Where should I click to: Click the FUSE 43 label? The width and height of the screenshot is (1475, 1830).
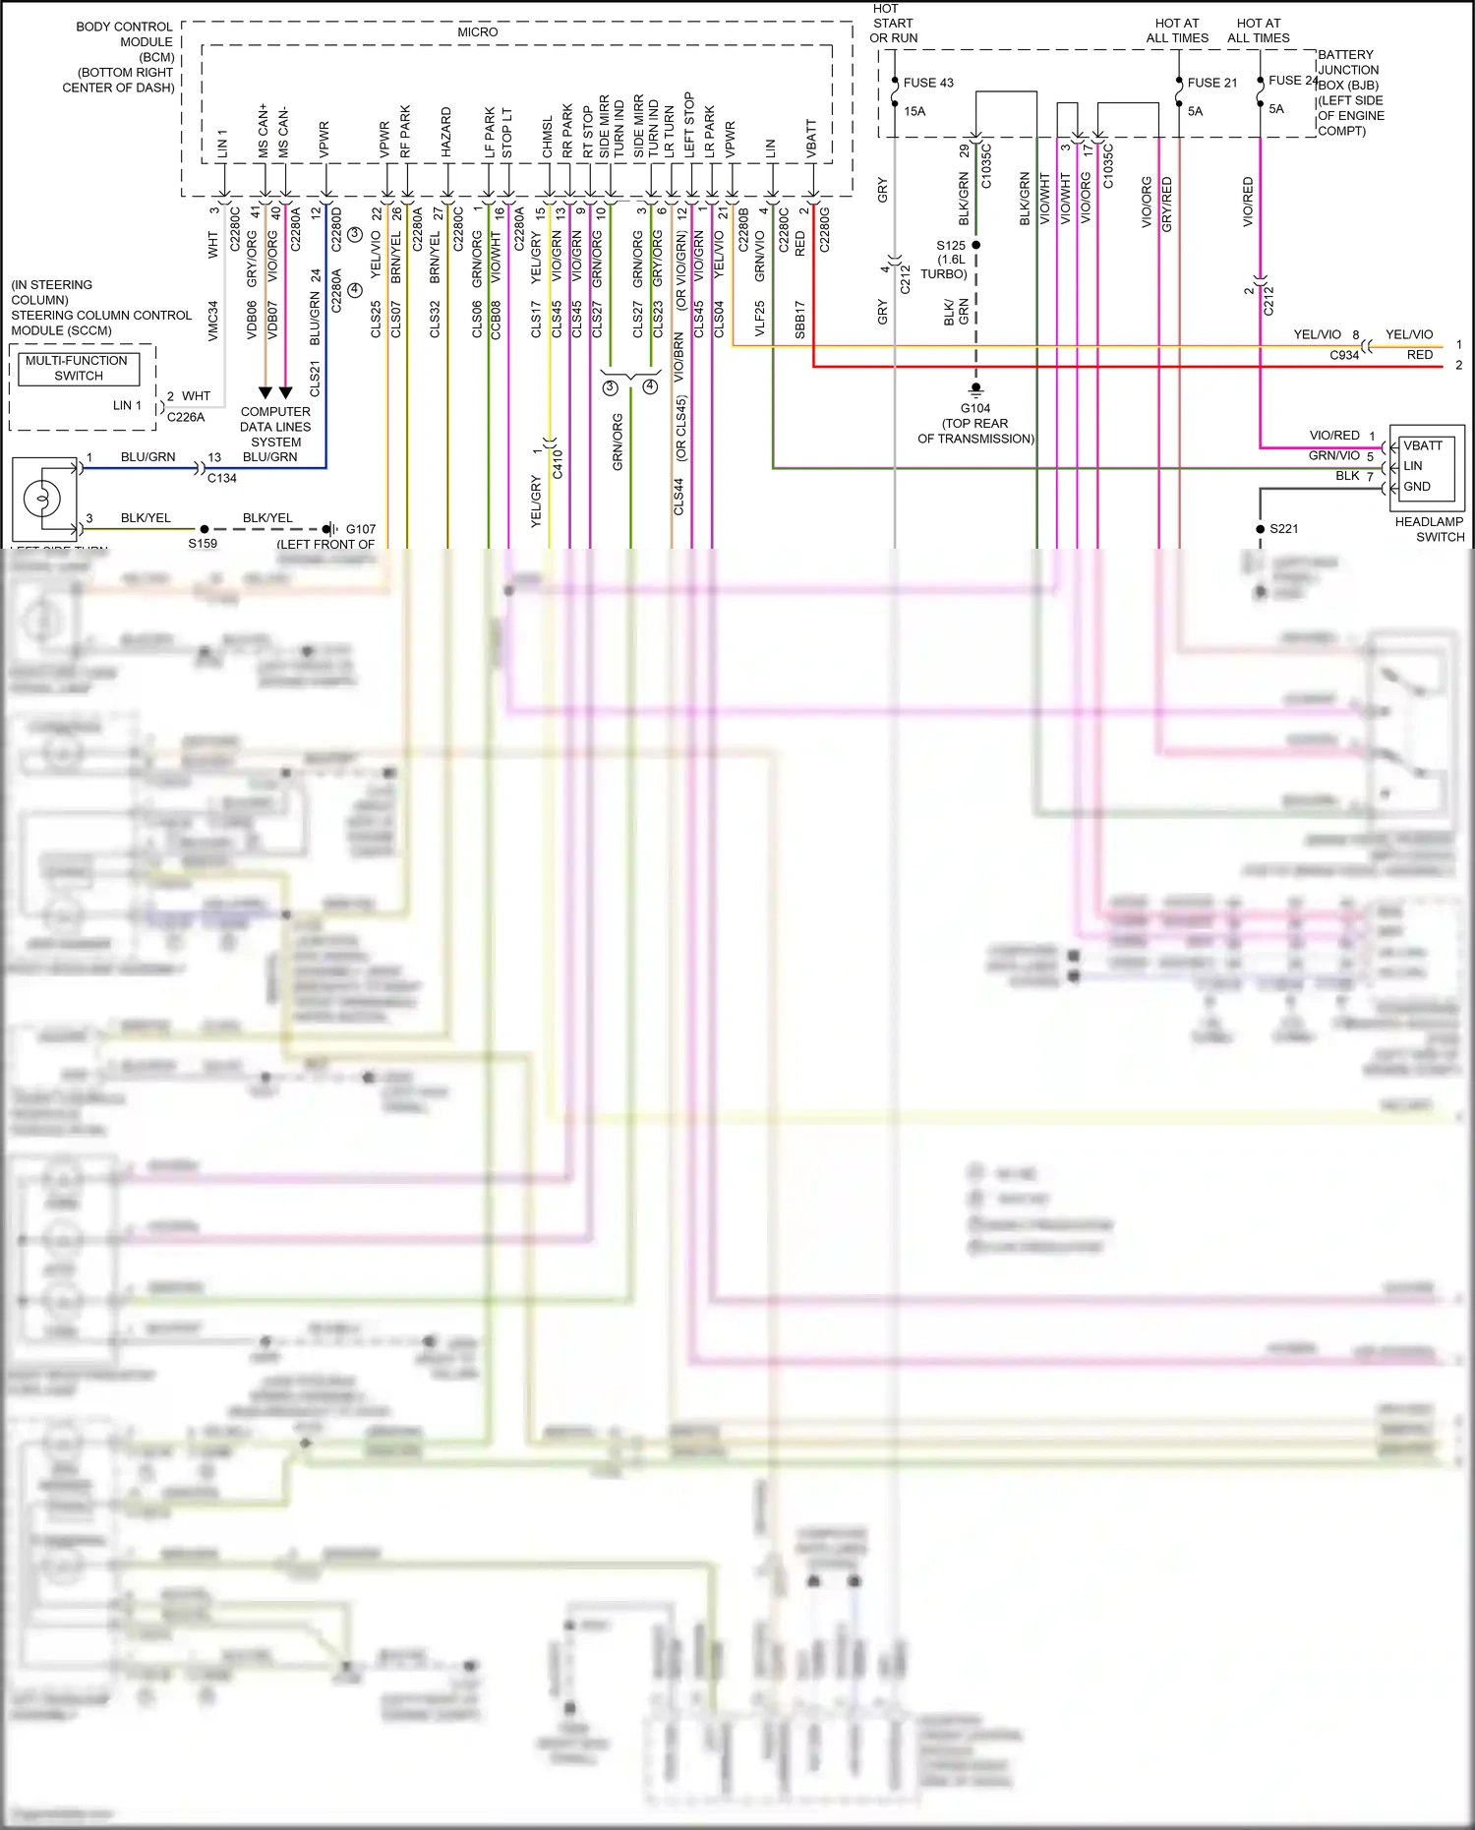[927, 83]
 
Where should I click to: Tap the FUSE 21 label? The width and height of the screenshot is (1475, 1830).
[1211, 83]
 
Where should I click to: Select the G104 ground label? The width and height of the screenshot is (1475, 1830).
[975, 408]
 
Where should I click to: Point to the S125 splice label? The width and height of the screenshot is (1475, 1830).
[951, 246]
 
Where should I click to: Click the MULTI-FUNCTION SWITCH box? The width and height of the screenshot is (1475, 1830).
[78, 368]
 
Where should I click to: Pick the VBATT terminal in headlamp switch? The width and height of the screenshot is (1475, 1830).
[1422, 445]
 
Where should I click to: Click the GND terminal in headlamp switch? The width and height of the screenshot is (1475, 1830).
[1417, 487]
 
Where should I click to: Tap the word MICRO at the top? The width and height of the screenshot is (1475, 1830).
[477, 32]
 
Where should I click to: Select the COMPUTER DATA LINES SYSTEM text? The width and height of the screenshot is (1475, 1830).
[275, 427]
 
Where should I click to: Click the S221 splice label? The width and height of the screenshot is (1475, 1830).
[1283, 529]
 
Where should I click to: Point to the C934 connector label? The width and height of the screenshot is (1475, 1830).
[1343, 355]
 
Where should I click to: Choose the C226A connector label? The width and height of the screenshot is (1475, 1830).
[186, 417]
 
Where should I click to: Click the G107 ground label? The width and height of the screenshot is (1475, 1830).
[360, 529]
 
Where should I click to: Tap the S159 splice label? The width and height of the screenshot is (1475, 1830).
[203, 544]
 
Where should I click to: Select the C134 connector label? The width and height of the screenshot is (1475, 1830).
[222, 478]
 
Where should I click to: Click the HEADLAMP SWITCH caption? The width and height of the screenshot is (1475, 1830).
[1429, 529]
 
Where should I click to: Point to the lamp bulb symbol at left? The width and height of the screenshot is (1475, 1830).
[42, 498]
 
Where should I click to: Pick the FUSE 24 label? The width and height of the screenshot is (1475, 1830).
[1292, 81]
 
